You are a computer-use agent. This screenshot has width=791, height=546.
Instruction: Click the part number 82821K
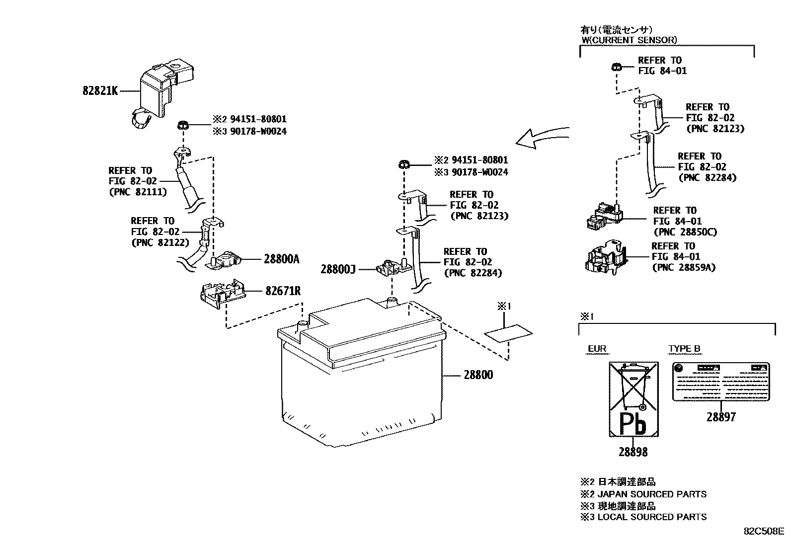point(100,91)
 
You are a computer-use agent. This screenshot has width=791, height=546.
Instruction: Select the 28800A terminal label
point(281,259)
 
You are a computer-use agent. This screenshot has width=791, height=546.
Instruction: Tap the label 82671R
point(283,291)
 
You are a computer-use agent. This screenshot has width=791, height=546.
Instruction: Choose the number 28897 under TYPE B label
point(721,417)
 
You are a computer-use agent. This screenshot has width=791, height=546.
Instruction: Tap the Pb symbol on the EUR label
point(633,424)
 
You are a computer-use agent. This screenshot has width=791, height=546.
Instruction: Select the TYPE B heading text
point(684,349)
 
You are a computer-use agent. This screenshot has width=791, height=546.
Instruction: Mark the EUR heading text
point(597,349)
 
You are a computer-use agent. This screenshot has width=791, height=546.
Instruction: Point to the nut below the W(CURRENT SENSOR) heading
point(616,66)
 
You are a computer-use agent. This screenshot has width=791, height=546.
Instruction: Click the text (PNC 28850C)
point(685,232)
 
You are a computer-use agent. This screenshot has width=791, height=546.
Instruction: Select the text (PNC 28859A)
point(683,268)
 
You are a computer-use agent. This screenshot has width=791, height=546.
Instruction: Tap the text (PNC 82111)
point(137,192)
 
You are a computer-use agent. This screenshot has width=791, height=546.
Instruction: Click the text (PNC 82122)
point(160,242)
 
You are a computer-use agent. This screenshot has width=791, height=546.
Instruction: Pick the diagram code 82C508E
point(764,531)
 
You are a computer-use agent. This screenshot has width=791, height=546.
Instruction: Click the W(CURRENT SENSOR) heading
point(630,40)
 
